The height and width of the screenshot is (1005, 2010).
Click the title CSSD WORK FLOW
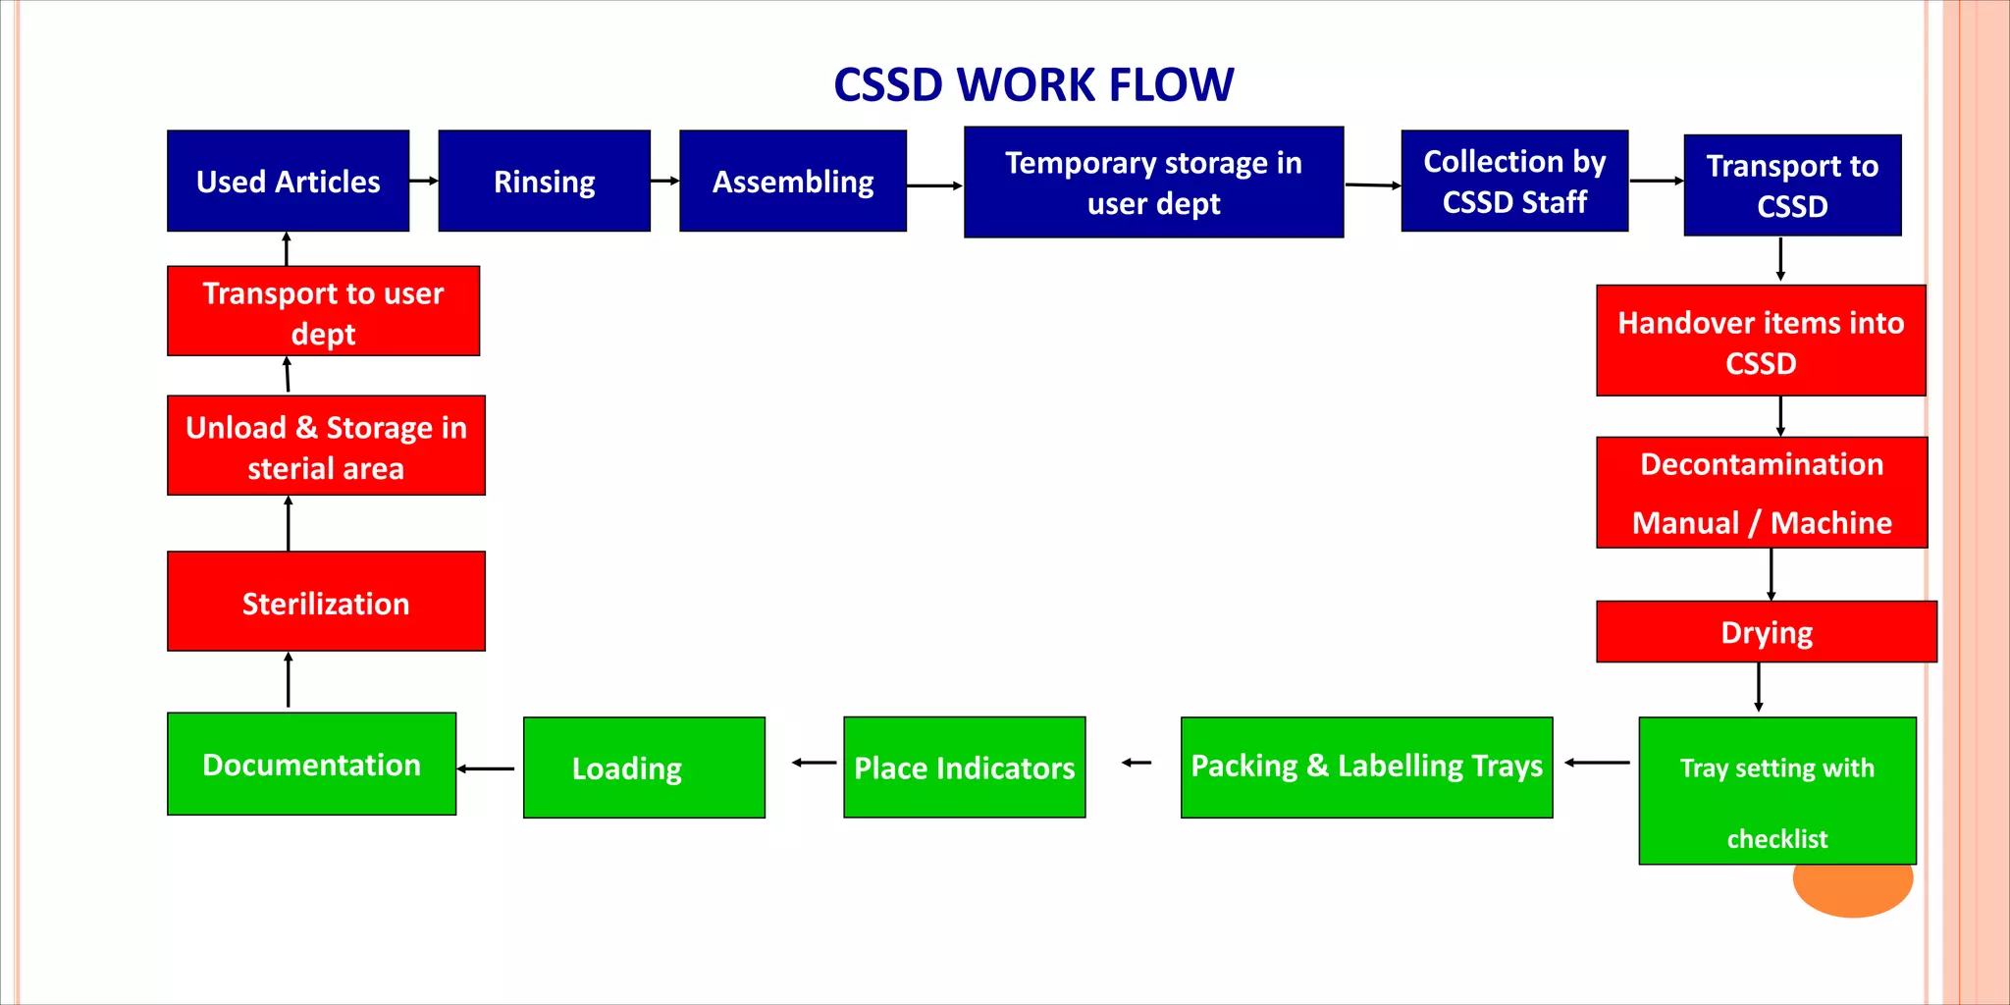(1033, 84)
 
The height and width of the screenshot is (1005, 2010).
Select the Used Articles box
(288, 182)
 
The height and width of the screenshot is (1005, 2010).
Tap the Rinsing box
(544, 182)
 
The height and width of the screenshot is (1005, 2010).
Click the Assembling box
(793, 182)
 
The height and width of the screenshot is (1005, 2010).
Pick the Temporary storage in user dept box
(1153, 183)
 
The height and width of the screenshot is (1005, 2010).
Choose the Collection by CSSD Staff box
(1514, 182)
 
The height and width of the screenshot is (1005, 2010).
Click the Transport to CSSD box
(1792, 185)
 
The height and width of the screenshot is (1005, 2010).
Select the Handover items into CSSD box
(1761, 342)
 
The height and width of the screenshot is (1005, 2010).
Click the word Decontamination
(1762, 464)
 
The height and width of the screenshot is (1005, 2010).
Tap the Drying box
(1767, 632)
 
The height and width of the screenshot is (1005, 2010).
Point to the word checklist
(1777, 839)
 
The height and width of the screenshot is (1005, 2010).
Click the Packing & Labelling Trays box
(1366, 767)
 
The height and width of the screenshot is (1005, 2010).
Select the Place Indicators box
(964, 767)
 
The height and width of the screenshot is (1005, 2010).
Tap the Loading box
(644, 767)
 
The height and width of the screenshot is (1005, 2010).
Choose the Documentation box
(311, 765)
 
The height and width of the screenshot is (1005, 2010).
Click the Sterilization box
(326, 602)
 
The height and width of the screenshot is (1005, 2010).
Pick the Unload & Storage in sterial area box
(326, 447)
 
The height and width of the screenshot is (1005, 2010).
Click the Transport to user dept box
(323, 312)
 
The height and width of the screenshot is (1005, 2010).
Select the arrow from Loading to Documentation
(487, 768)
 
